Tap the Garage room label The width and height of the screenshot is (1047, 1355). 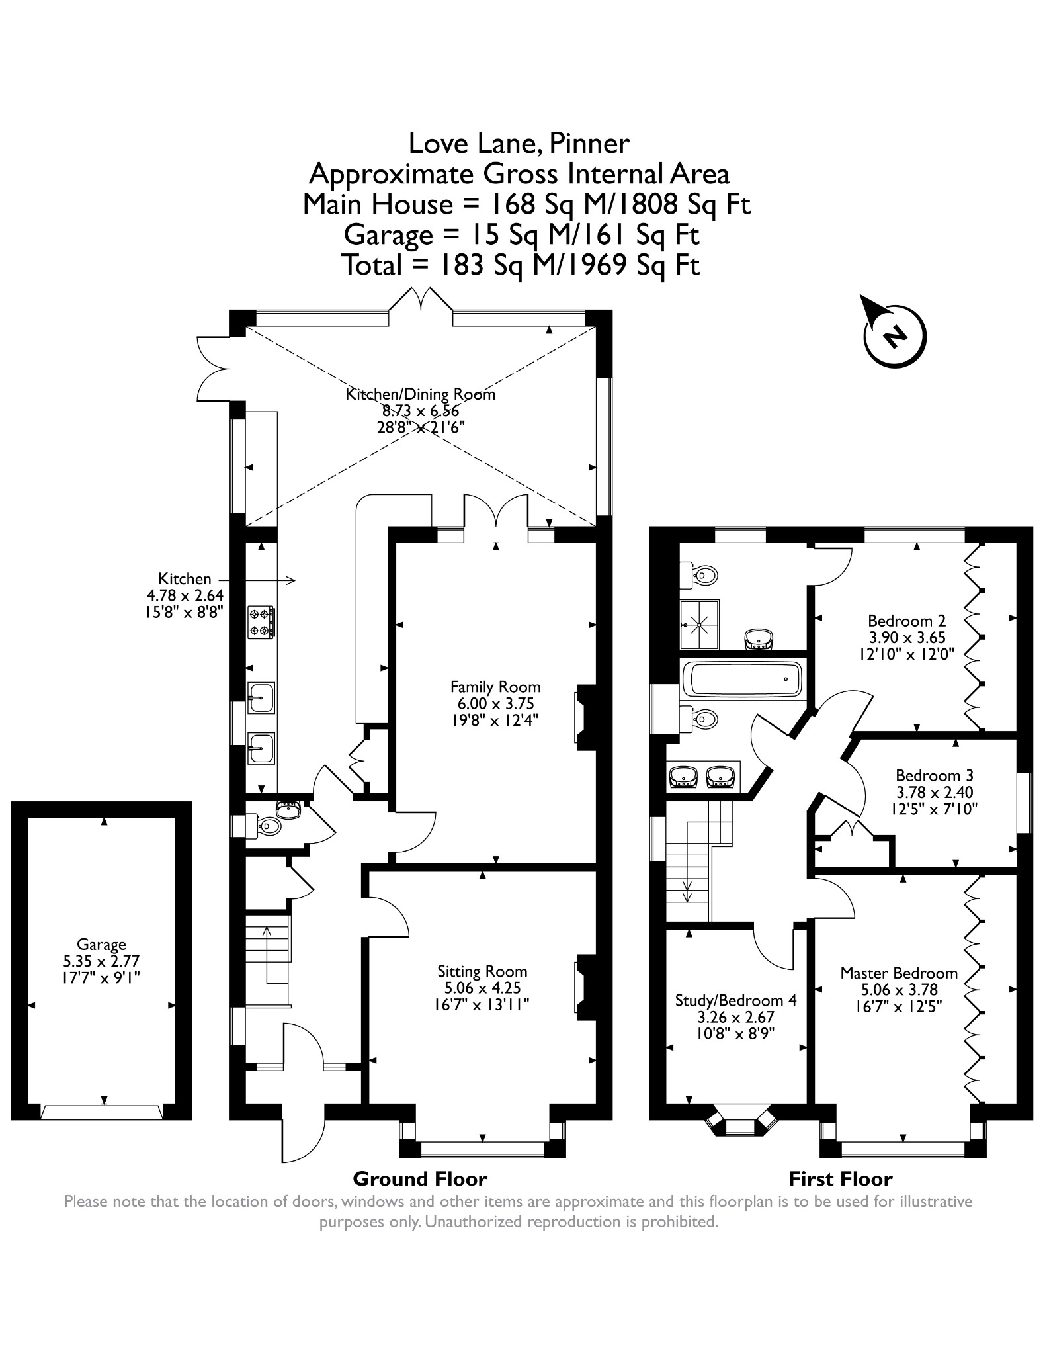pos(101,944)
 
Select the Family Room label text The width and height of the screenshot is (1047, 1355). pos(495,687)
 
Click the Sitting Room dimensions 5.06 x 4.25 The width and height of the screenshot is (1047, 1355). pos(483,988)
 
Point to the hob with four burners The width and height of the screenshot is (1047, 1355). pos(261,623)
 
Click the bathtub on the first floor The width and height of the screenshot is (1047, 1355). pos(744,679)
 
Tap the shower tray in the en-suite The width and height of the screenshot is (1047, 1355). pos(700,624)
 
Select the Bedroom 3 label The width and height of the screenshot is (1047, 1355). pos(934,775)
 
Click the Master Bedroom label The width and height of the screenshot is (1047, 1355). pos(899,973)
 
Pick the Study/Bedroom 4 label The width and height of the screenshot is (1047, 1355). pos(735,1000)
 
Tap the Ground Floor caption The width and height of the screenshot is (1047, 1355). pos(420,1178)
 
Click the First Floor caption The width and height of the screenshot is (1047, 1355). pos(840,1178)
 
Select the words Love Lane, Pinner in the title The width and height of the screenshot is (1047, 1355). pos(519,143)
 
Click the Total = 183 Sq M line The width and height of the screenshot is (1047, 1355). pos(521,265)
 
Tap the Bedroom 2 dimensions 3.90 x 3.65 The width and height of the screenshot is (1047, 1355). pos(906,637)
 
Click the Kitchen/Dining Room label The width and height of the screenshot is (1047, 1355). pos(420,394)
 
